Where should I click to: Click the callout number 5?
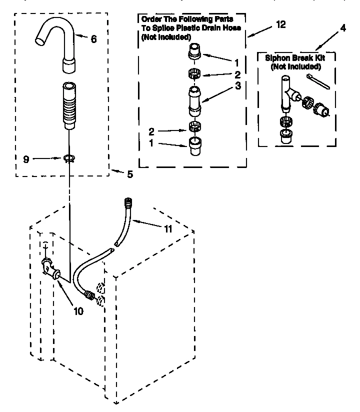[x=129, y=174]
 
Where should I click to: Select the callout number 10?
[x=78, y=310]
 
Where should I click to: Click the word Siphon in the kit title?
[x=277, y=58]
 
